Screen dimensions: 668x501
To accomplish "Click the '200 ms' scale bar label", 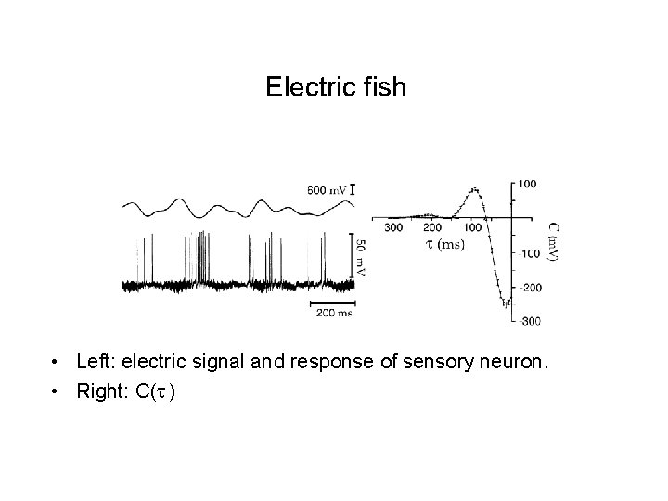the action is (332, 313).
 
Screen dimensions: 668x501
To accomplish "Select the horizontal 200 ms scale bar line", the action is (331, 301).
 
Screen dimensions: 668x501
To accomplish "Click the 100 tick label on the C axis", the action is (527, 184).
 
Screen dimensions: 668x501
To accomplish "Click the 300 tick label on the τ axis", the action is (393, 227).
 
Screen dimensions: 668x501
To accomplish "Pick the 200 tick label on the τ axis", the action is (432, 227).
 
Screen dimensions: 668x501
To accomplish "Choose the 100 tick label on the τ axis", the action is (472, 227).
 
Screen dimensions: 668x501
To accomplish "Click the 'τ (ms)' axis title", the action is (443, 244).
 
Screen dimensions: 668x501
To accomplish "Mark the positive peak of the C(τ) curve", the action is (475, 190).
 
